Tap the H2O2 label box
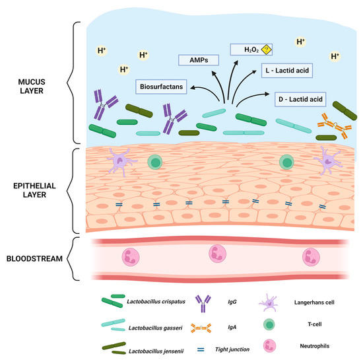point(251,48)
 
